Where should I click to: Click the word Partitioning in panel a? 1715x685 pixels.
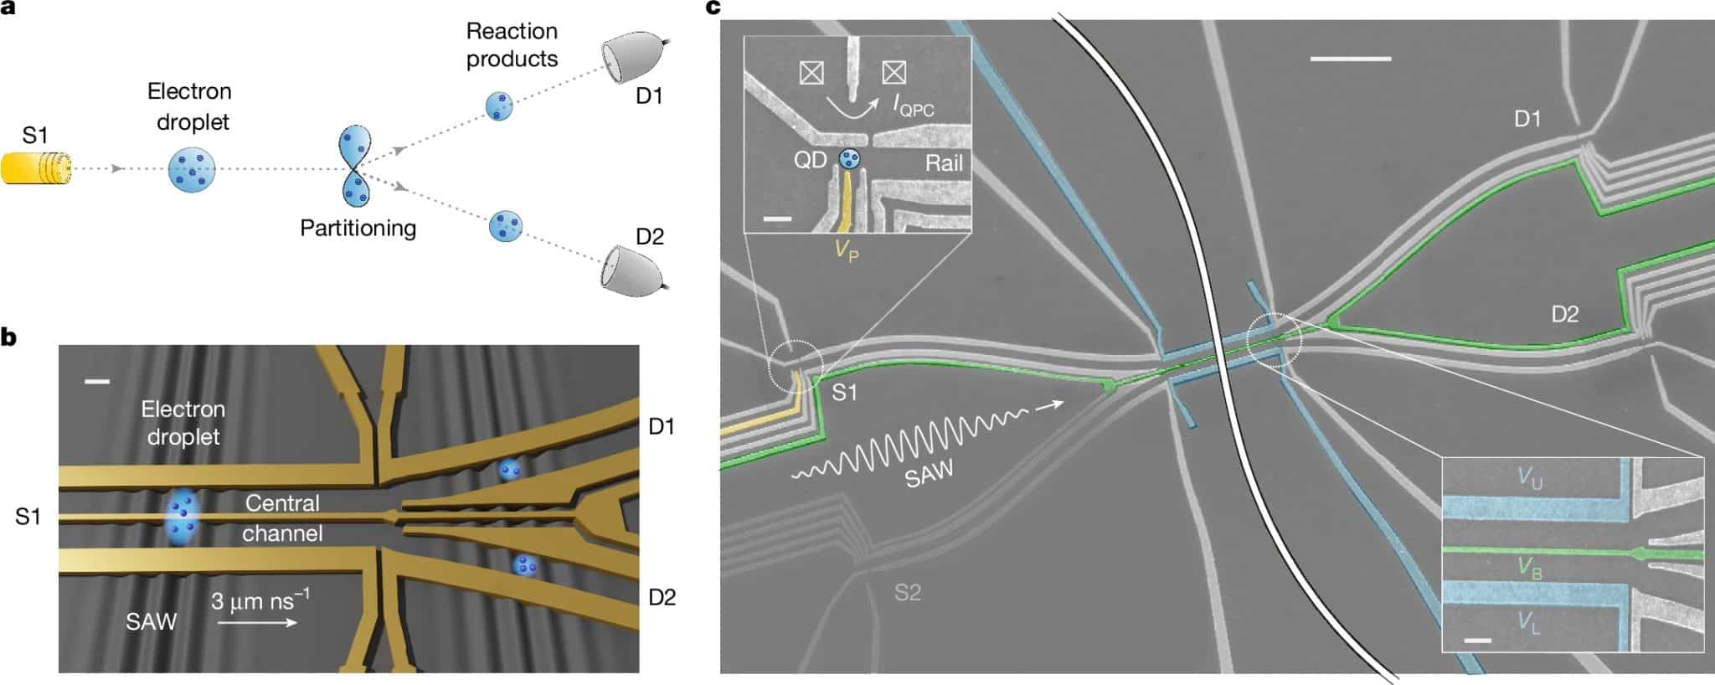click(x=358, y=228)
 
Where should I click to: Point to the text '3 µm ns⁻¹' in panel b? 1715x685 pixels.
click(x=260, y=600)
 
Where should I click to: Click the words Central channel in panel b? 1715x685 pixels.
click(x=282, y=518)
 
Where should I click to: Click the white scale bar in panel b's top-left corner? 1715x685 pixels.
click(x=97, y=382)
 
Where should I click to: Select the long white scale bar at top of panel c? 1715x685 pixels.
click(x=1350, y=59)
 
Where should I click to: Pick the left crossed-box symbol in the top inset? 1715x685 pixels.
click(x=811, y=73)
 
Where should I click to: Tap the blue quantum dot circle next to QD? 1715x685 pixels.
click(x=849, y=159)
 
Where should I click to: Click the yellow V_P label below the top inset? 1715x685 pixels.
click(x=847, y=250)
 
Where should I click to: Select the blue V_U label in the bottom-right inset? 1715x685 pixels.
click(x=1529, y=477)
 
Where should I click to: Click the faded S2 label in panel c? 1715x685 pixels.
click(x=908, y=593)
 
